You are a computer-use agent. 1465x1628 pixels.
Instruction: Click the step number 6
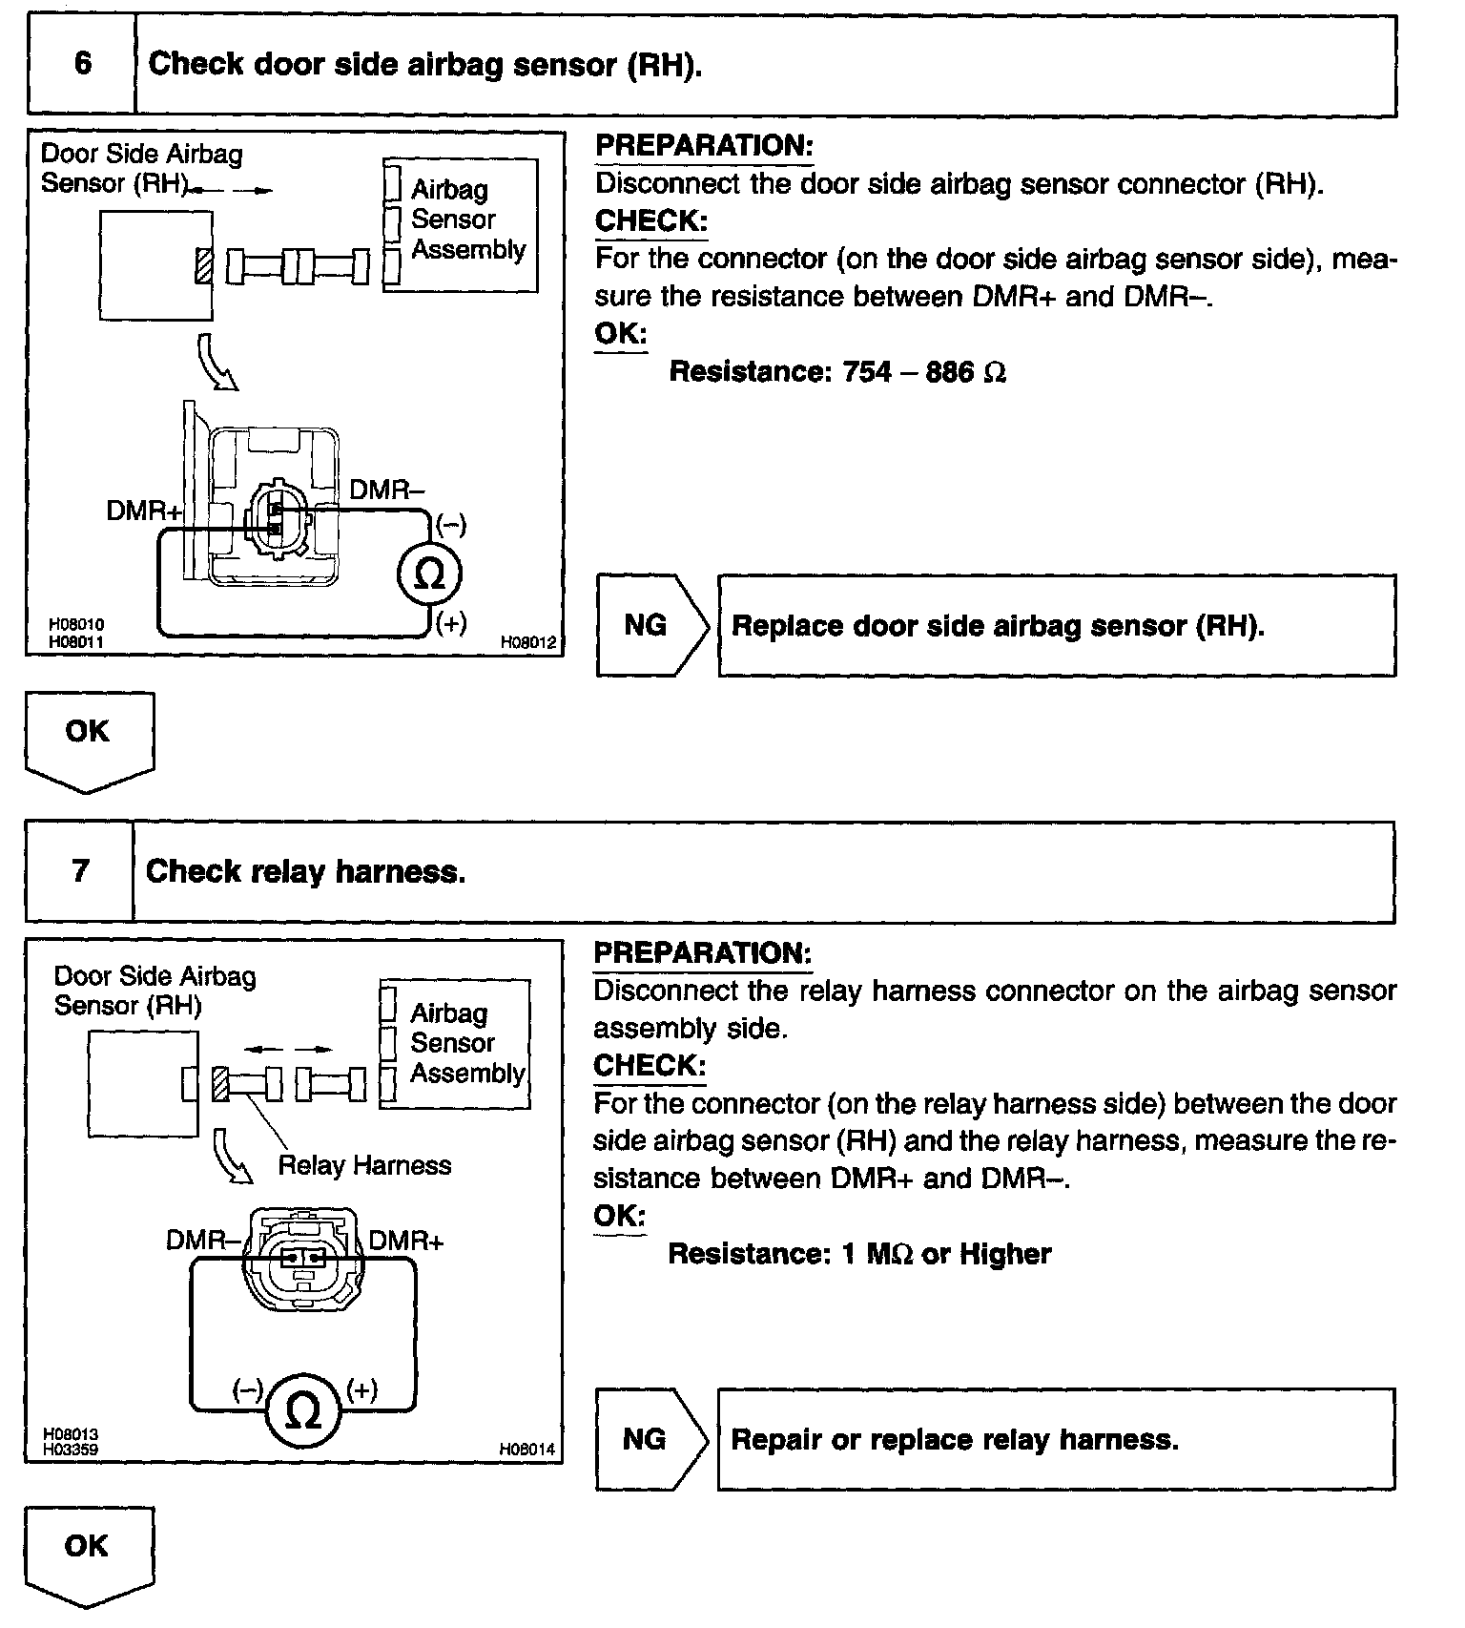(83, 64)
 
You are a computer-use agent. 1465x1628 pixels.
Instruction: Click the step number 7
(81, 870)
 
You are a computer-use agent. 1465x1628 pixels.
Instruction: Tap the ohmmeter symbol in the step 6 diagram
(429, 574)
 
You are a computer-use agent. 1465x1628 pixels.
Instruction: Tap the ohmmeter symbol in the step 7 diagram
(303, 1413)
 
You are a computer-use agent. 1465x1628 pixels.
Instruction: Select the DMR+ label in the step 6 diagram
(144, 511)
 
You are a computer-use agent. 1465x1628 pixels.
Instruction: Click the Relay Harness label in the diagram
(364, 1165)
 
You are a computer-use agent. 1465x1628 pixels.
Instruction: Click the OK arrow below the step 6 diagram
(89, 739)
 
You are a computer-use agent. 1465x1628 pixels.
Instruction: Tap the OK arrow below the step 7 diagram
(88, 1553)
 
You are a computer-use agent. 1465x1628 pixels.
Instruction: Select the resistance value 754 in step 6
(867, 371)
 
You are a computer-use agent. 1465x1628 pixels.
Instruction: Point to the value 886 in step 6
(949, 371)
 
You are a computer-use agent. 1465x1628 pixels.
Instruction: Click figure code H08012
(528, 642)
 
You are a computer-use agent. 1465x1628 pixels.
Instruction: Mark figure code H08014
(526, 1450)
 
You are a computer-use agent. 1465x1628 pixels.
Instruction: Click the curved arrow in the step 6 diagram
(216, 361)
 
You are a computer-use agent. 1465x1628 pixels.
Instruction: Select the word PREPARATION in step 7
(702, 952)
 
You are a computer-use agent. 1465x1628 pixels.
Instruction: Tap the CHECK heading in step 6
(651, 221)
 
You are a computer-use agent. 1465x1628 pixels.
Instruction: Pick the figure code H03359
(71, 1450)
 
